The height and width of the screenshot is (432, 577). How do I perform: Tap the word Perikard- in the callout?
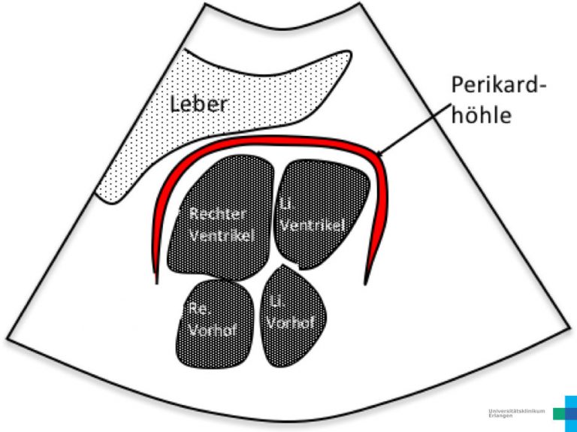click(497, 85)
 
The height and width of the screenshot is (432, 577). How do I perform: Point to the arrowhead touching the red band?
click(378, 156)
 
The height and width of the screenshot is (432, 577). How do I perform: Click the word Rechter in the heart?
click(217, 214)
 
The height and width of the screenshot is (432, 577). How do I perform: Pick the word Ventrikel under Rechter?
click(222, 235)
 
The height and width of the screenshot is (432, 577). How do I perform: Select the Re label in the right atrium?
click(197, 308)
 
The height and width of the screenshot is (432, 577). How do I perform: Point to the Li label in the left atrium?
click(275, 301)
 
